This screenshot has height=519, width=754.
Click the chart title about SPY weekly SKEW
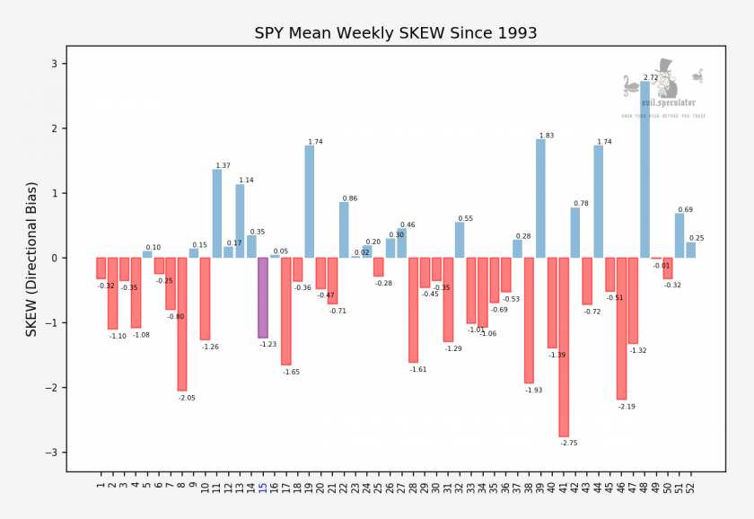[x=396, y=33]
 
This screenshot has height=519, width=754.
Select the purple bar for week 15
[x=263, y=297]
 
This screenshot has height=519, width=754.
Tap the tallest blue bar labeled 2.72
[x=644, y=170]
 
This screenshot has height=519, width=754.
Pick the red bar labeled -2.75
[x=564, y=347]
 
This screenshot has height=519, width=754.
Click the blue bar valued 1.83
[x=540, y=198]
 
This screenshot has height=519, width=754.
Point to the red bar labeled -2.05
[x=182, y=324]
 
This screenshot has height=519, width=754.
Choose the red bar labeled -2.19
[x=621, y=329]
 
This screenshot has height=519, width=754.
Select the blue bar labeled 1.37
[x=217, y=214]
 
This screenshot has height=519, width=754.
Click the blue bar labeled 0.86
[x=344, y=230]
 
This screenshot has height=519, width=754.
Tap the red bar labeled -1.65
[x=286, y=311]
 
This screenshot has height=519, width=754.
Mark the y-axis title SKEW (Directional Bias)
[x=32, y=258]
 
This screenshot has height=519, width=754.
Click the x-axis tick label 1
[x=101, y=486]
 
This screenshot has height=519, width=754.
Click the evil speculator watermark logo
[x=664, y=90]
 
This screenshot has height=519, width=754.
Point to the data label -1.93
[x=534, y=391]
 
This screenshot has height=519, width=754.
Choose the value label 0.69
[x=685, y=209]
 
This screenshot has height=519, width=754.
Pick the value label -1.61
[x=418, y=369]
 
